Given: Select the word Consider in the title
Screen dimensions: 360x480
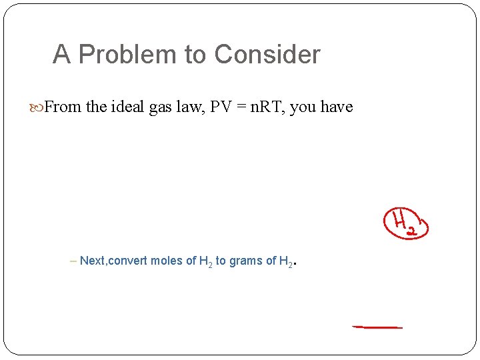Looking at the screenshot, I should coord(268,55).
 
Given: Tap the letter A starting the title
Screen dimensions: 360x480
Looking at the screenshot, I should coord(61,55).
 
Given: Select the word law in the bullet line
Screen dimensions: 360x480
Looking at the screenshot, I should coord(190,107).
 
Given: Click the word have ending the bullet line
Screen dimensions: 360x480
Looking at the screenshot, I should coord(337,107).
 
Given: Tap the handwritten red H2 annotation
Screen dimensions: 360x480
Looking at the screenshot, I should coord(405,223).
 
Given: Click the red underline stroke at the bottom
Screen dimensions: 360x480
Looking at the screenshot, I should coord(377,327).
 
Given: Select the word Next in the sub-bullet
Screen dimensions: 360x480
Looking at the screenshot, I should coord(92,261).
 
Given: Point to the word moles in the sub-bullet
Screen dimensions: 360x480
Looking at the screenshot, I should coord(167,261).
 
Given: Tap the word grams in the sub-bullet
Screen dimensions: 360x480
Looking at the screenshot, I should coord(244,261).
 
